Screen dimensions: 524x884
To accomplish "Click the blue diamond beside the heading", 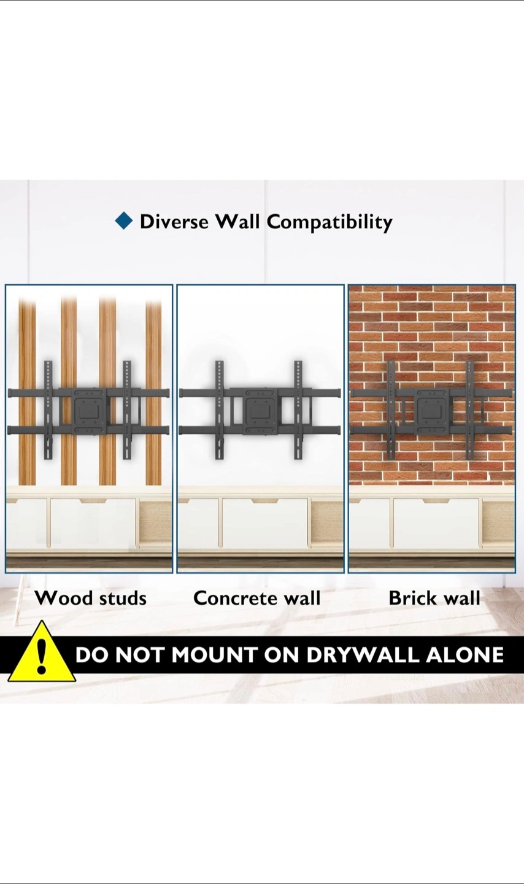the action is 123,221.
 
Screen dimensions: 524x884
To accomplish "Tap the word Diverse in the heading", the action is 174,222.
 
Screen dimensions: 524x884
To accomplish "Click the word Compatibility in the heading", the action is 329,223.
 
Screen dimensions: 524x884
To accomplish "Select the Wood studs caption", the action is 91,598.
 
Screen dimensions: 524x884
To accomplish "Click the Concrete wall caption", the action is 257,598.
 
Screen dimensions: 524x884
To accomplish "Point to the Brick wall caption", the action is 434,598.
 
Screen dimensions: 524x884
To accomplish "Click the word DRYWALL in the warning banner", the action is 361,654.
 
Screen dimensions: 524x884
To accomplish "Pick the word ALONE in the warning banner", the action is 464,654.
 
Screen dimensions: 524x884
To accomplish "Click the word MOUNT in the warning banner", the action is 215,654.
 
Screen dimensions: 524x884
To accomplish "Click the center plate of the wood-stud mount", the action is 89,411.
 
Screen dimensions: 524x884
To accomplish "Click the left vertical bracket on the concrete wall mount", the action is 220,410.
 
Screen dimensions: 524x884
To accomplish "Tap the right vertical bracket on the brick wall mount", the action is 470,410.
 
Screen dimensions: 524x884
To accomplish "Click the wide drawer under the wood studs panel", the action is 93,523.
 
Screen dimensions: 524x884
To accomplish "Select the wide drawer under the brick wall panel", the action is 436,523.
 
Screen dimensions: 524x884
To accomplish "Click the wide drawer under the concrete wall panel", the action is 265,523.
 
